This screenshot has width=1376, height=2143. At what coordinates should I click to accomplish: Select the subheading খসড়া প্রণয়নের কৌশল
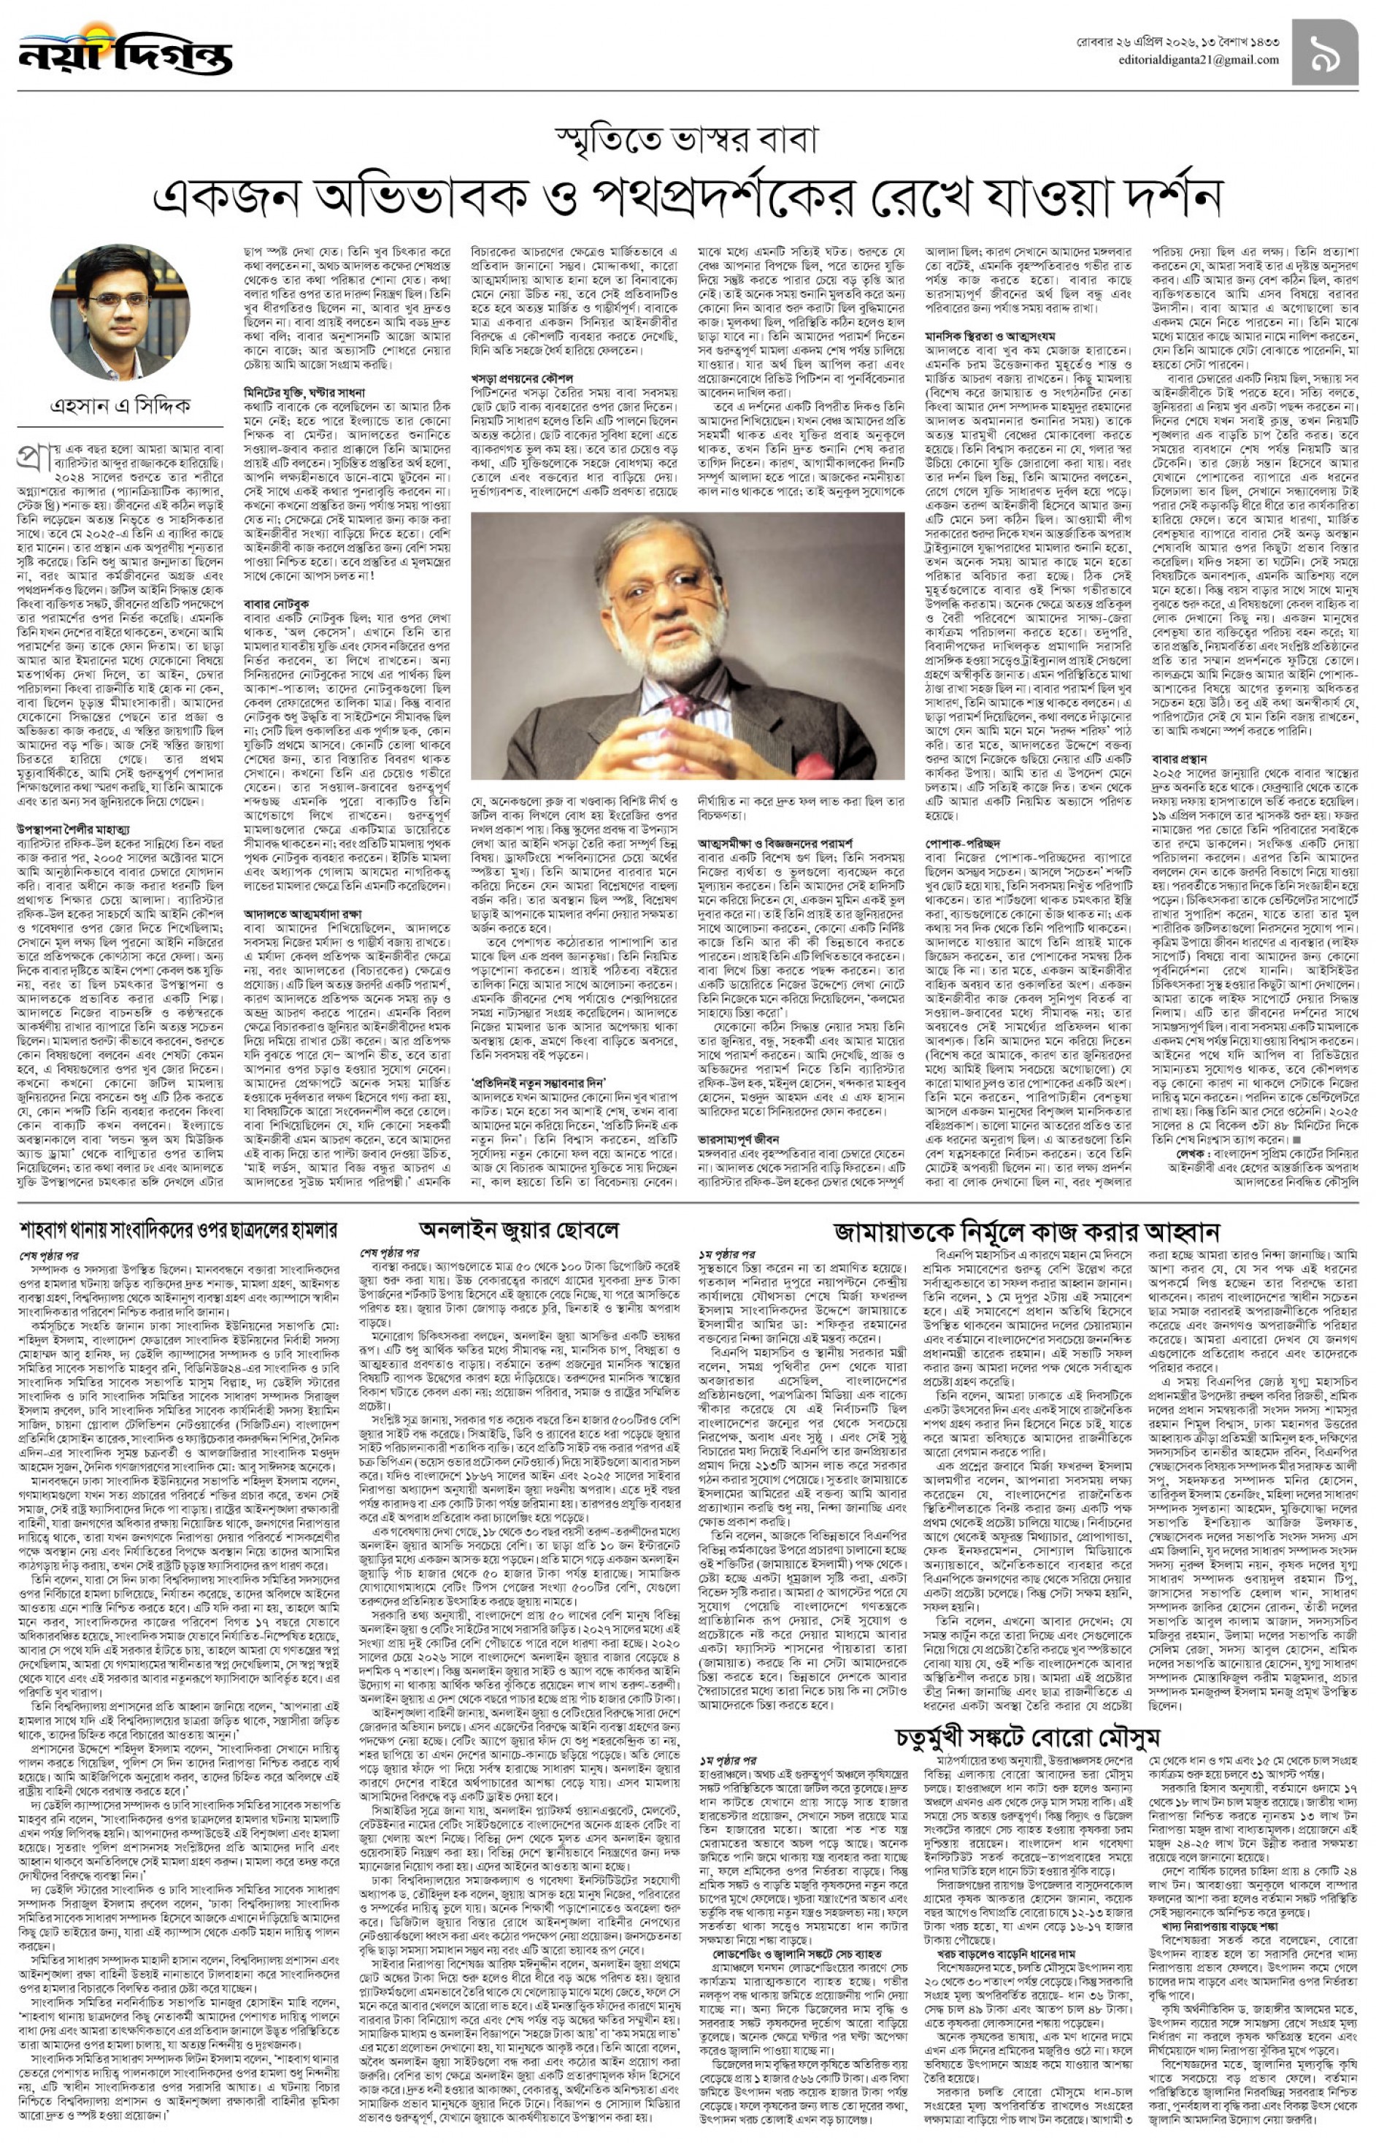point(523,379)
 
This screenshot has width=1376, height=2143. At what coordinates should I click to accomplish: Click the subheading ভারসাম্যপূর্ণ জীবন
point(739,1140)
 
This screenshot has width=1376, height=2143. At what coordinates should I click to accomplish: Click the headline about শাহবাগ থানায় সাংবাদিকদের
point(179,1230)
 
